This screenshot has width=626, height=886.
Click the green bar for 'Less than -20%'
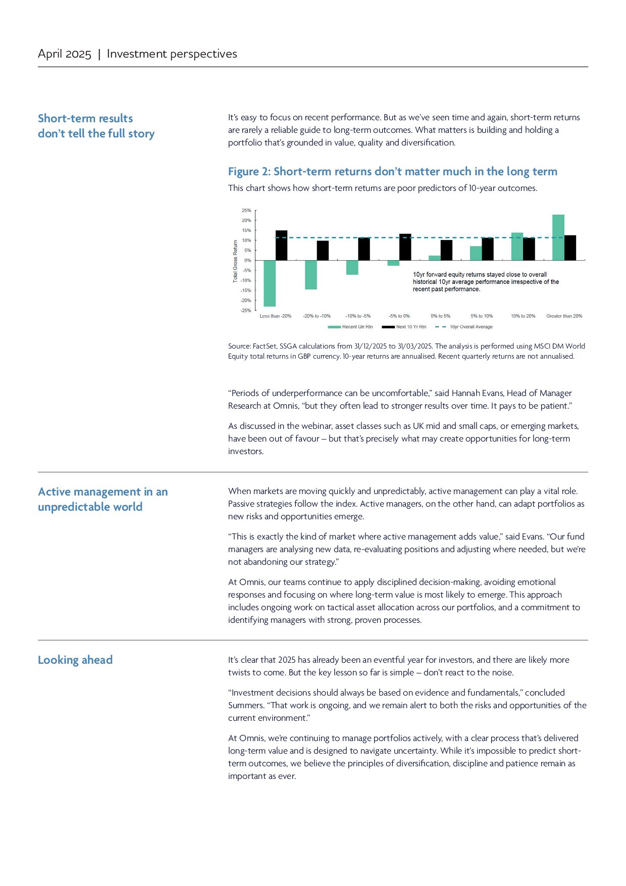tap(270, 283)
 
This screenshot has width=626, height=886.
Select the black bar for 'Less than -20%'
tap(281, 245)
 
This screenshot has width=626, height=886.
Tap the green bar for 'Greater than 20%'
tap(558, 237)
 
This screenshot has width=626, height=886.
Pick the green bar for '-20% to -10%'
tap(311, 275)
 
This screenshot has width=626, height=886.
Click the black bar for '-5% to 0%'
tap(405, 247)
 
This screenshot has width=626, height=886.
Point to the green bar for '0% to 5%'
tap(434, 258)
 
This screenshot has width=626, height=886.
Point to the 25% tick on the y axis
tap(246, 210)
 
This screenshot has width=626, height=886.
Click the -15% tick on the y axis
tap(246, 290)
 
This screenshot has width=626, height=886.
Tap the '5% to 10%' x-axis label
tap(482, 316)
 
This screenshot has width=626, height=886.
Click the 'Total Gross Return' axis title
tap(235, 261)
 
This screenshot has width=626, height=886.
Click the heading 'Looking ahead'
tap(75, 660)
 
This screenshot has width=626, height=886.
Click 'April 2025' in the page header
tap(65, 54)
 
